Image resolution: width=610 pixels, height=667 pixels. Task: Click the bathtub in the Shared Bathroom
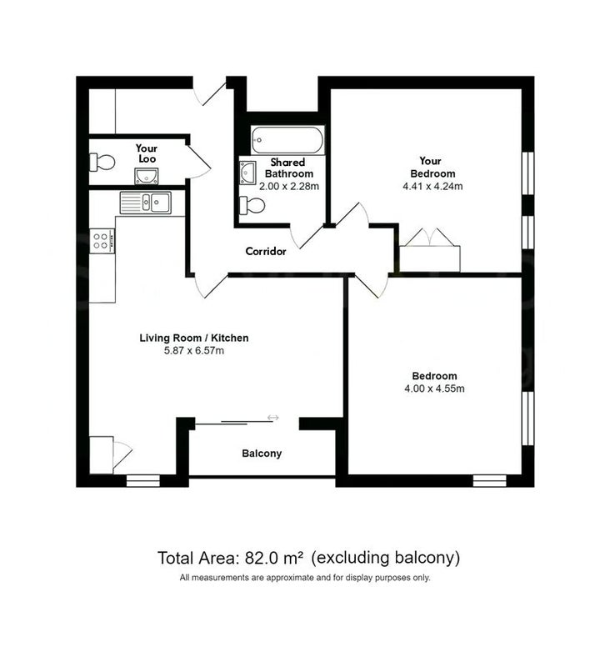(287, 139)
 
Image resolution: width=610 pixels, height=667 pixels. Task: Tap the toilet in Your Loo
(102, 162)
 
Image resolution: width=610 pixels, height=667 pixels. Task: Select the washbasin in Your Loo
(146, 176)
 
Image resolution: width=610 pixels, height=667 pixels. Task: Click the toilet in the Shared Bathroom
(252, 205)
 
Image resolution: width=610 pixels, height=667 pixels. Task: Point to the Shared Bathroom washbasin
(247, 173)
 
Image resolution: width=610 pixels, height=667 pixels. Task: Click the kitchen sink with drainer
(146, 203)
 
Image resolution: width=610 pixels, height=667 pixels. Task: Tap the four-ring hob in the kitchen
(102, 241)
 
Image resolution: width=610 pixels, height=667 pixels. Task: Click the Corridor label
(266, 252)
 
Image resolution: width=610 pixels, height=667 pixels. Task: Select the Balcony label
(262, 454)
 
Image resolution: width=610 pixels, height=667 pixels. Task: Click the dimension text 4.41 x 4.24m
(432, 186)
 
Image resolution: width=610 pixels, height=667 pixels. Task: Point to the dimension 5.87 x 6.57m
(194, 351)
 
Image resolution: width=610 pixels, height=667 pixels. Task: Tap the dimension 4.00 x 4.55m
(434, 389)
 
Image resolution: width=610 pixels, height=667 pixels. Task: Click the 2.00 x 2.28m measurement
(289, 186)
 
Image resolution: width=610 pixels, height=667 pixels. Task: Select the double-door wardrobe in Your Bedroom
(430, 251)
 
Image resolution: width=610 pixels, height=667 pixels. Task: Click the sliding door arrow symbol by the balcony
(272, 418)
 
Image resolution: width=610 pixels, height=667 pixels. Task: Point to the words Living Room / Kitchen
(194, 339)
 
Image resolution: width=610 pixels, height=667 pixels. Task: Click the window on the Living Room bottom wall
(143, 481)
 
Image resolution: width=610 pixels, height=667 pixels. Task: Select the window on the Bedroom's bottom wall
(490, 481)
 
